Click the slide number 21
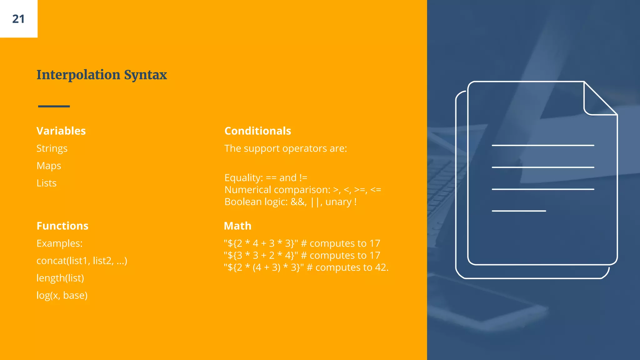[x=18, y=19]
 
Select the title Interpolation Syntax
[x=102, y=75]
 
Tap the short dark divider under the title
[x=54, y=106]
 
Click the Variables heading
[x=61, y=131]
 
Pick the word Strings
[x=52, y=148]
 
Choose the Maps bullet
[x=49, y=166]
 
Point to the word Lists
[x=47, y=183]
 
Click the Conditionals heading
[x=257, y=131]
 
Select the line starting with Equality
[x=266, y=178]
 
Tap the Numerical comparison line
[x=302, y=190]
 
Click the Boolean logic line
[x=290, y=202]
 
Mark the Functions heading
[x=62, y=226]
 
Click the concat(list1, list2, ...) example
[x=82, y=261]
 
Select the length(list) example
[x=60, y=278]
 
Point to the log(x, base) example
[x=62, y=295]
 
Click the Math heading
[x=237, y=226]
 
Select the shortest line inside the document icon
[x=519, y=211]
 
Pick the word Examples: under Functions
[x=59, y=243]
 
